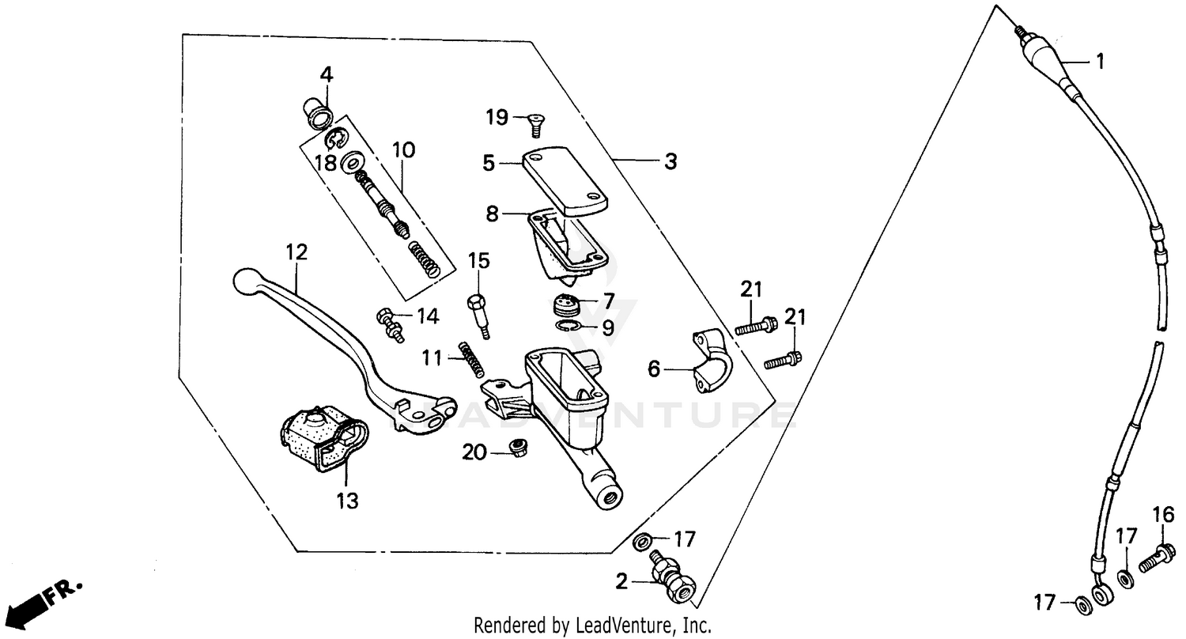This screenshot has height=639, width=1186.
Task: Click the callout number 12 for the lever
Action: pos(296,252)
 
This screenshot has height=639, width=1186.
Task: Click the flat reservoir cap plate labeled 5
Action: pos(565,178)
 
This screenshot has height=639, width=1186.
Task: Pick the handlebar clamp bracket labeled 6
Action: pos(711,361)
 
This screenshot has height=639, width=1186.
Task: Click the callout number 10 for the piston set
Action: pos(402,149)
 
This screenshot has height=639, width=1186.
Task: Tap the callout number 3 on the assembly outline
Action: pos(670,162)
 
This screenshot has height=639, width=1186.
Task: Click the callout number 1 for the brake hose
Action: pos(1098,61)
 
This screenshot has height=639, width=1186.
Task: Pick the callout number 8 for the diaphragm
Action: pos(493,214)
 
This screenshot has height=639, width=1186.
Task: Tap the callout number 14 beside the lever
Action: pos(427,318)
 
